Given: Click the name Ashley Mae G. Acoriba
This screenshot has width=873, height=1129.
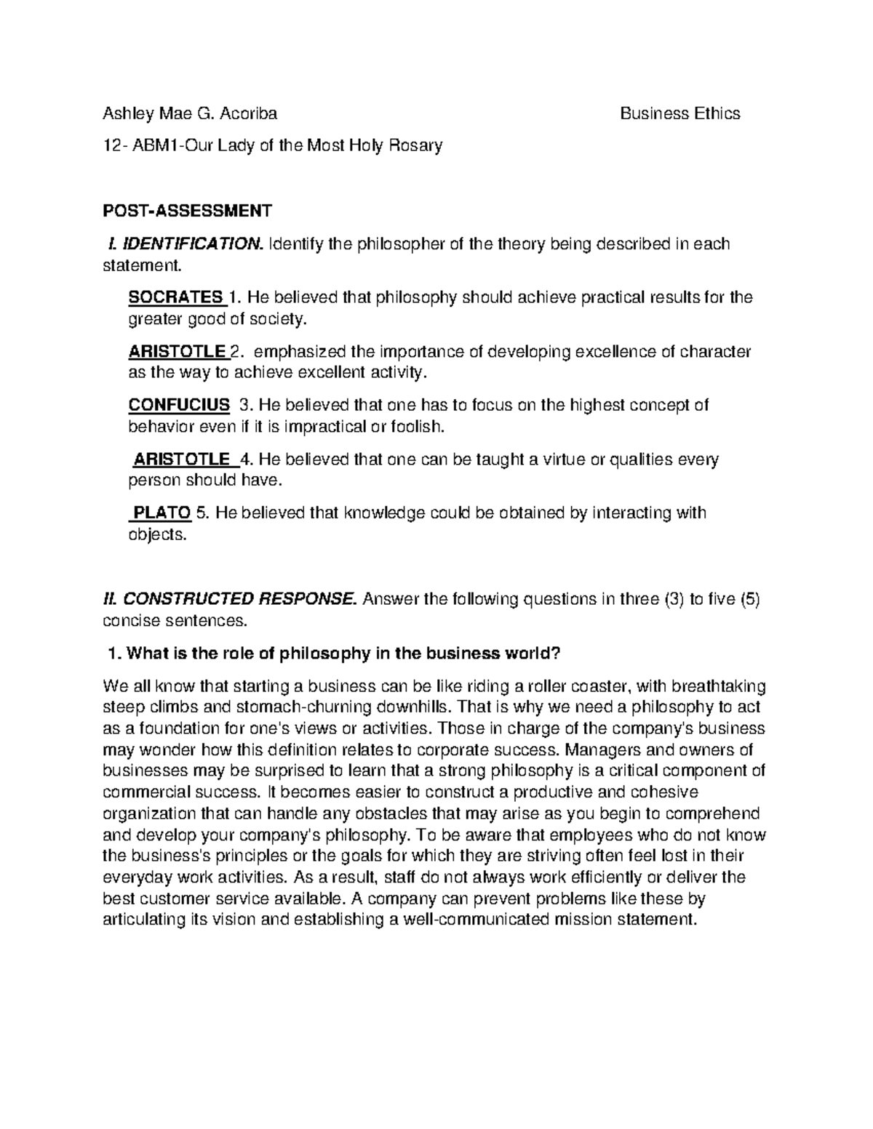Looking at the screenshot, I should click(190, 113).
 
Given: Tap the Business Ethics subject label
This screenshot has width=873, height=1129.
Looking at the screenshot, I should click(679, 113).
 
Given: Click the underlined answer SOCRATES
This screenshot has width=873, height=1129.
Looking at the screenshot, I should click(175, 297).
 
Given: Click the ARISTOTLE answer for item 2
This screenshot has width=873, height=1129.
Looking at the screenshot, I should click(177, 352).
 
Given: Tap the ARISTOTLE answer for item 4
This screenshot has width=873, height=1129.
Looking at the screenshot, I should click(182, 459).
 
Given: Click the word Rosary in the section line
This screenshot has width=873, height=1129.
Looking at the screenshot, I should click(416, 145).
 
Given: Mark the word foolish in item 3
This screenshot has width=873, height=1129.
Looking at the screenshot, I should click(415, 427).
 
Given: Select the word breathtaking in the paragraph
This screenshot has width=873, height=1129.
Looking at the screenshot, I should click(718, 686).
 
